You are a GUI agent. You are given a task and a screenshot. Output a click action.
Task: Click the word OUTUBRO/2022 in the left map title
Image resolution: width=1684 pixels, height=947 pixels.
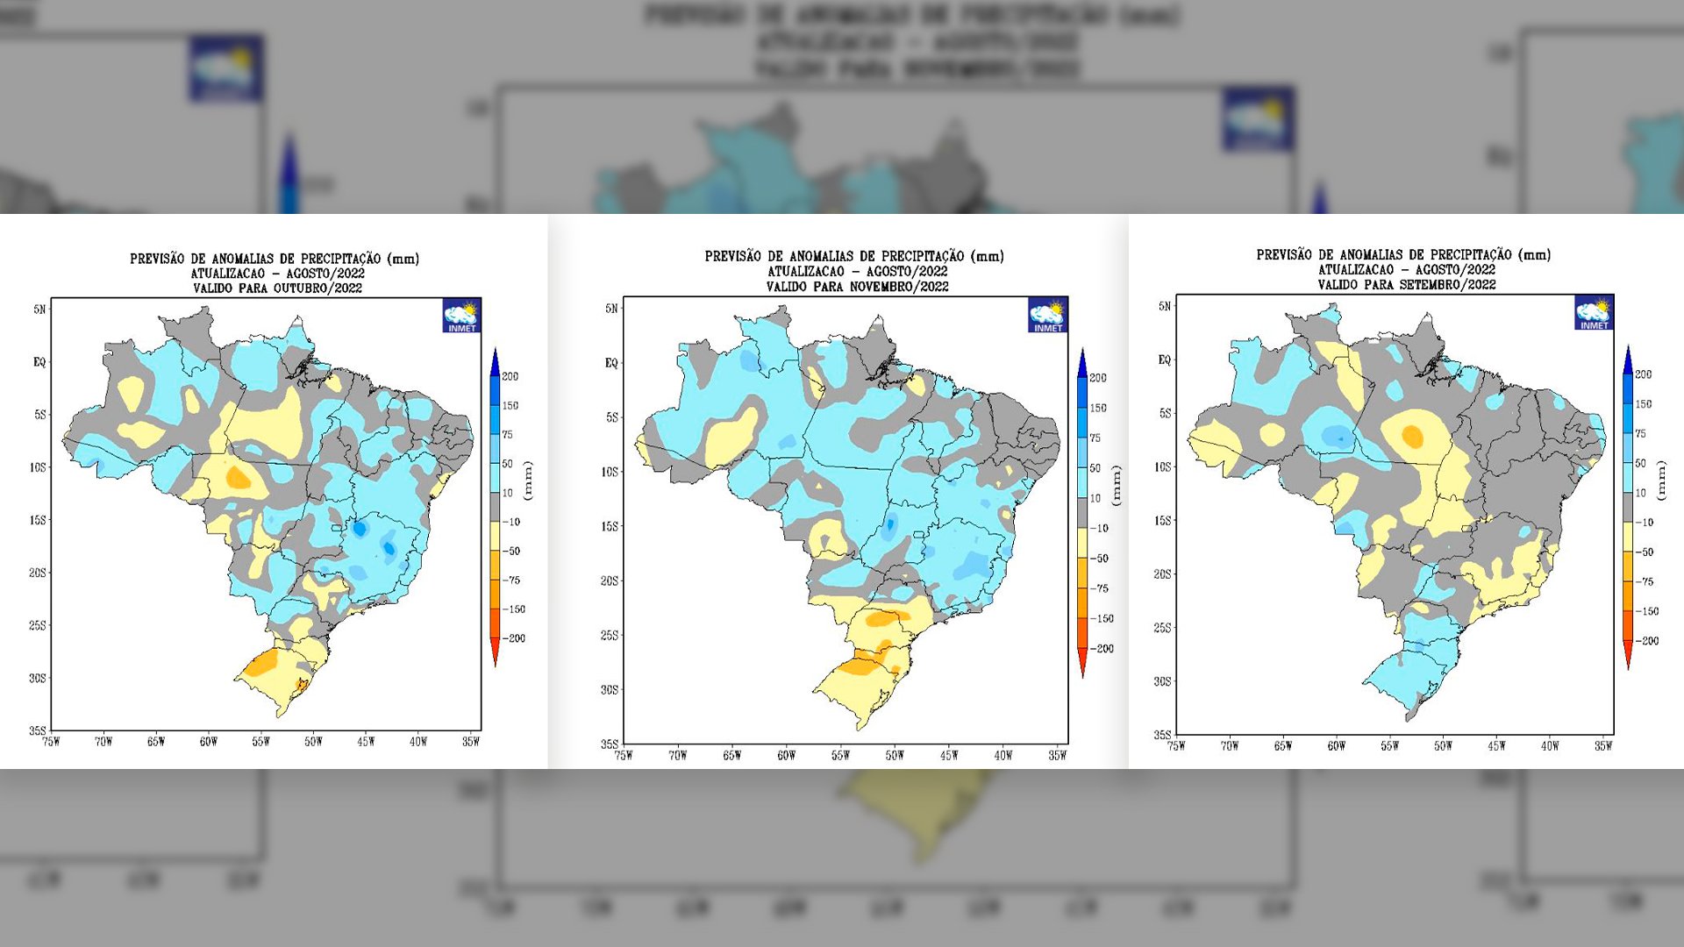pos(318,288)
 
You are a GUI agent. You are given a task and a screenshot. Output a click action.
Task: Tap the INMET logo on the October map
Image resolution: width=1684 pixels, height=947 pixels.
pos(461,316)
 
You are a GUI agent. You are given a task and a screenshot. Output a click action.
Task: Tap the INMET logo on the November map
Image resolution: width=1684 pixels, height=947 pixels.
pos(1047,315)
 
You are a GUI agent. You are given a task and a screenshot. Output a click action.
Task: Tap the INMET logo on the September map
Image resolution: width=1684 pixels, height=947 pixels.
pos(1594,313)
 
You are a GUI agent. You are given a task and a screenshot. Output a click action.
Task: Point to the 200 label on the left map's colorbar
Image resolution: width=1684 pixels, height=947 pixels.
pos(510,377)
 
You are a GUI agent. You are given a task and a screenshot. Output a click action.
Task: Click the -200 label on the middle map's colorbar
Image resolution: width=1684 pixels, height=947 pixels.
pos(1102,649)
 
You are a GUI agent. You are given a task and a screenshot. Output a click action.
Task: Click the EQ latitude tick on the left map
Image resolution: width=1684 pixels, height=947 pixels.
pos(39,362)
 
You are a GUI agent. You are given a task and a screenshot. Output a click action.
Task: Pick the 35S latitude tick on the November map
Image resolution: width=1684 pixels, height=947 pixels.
pos(609,744)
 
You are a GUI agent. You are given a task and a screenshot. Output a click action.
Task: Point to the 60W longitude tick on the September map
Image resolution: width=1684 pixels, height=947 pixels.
pos(1336,746)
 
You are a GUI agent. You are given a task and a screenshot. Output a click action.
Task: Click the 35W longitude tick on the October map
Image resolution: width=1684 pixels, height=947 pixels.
pos(471,742)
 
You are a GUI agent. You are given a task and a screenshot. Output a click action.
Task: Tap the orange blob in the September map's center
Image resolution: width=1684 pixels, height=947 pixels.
pos(1412,436)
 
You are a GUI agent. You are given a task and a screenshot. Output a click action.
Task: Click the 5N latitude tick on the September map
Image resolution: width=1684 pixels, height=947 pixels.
pos(1165,306)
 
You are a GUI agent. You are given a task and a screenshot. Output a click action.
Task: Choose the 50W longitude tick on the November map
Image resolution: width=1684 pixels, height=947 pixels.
pos(894,755)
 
